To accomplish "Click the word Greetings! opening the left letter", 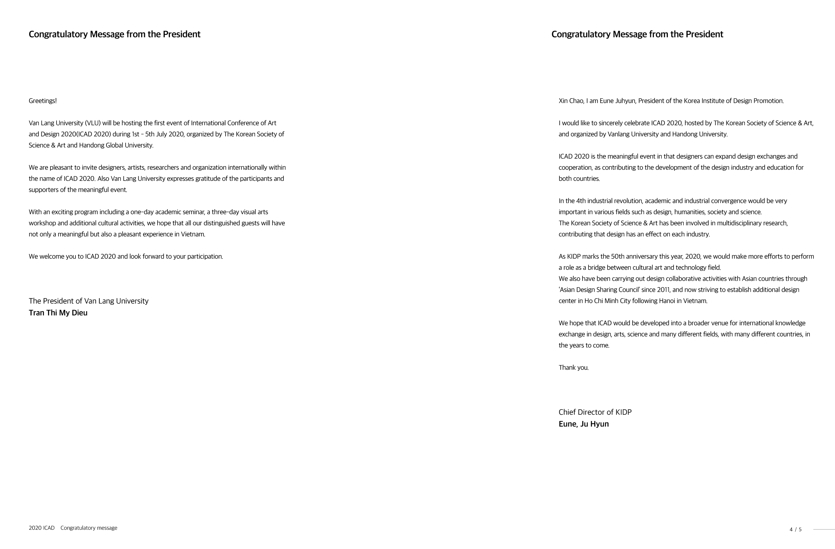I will tap(43, 101).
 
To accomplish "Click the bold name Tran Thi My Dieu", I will tap(58, 312).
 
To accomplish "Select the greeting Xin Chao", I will tap(571, 101).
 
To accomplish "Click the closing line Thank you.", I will tap(573, 368).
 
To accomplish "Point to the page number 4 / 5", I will tap(795, 529).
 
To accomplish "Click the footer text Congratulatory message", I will tap(89, 528).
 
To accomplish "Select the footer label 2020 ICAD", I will tap(41, 528).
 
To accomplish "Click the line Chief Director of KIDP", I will tap(595, 412).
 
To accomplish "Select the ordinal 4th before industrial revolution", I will tap(581, 201).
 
